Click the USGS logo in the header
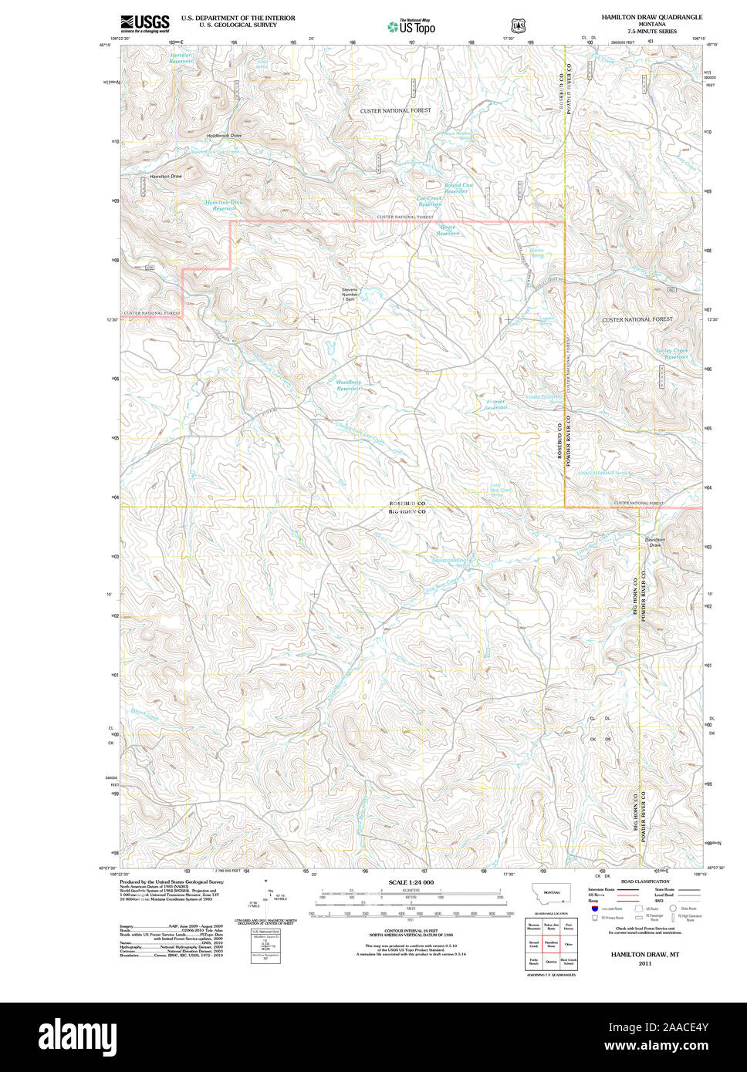tap(144, 23)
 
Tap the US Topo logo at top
tap(411, 26)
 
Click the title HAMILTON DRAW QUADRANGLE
tap(651, 16)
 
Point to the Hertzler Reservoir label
tap(181, 58)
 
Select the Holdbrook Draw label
tap(224, 136)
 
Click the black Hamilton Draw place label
tap(166, 177)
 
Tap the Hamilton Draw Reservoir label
tap(224, 205)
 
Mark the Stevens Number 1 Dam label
tap(350, 294)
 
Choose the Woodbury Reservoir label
tap(348, 385)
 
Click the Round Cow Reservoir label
tap(458, 187)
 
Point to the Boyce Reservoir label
tap(448, 230)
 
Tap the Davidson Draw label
tap(654, 542)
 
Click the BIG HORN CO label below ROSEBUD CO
tap(407, 511)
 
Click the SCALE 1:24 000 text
tap(411, 882)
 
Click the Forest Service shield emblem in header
tap(518, 25)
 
